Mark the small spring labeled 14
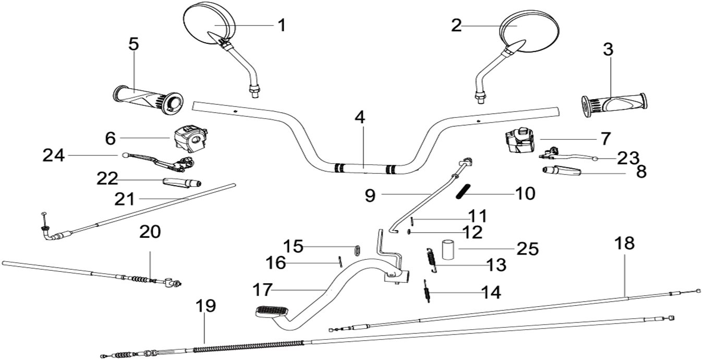click(x=427, y=290)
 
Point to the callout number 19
click(x=205, y=306)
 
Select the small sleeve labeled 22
click(x=182, y=183)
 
